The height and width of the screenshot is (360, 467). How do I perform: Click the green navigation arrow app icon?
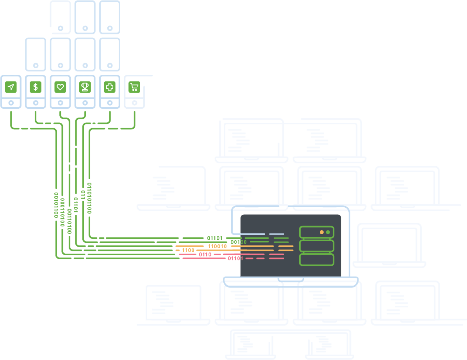(x=11, y=87)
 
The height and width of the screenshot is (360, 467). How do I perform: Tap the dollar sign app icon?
(x=35, y=87)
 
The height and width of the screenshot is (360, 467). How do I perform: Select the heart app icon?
(x=60, y=87)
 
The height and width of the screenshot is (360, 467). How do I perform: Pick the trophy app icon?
(x=85, y=87)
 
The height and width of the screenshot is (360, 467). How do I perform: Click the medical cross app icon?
(x=110, y=87)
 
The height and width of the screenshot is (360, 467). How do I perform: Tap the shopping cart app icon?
(x=134, y=87)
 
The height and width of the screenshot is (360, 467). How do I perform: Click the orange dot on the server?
(x=322, y=232)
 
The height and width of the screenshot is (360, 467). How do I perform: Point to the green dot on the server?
(x=328, y=232)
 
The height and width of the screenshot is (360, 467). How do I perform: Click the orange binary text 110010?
(x=217, y=246)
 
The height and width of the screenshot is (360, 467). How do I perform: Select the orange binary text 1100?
(x=188, y=250)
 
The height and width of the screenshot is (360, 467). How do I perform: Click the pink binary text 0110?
(x=205, y=254)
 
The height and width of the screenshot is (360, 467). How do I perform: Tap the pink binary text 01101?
(x=235, y=258)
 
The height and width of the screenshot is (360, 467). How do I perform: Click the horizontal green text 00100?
(x=238, y=242)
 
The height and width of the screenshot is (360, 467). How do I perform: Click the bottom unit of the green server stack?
(x=317, y=259)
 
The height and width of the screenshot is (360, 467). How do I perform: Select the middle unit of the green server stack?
(x=317, y=246)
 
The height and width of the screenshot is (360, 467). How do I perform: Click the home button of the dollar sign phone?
(x=35, y=103)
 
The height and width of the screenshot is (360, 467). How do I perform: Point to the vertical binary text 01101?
(x=76, y=205)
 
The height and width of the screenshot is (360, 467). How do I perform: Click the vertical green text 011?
(x=83, y=195)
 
